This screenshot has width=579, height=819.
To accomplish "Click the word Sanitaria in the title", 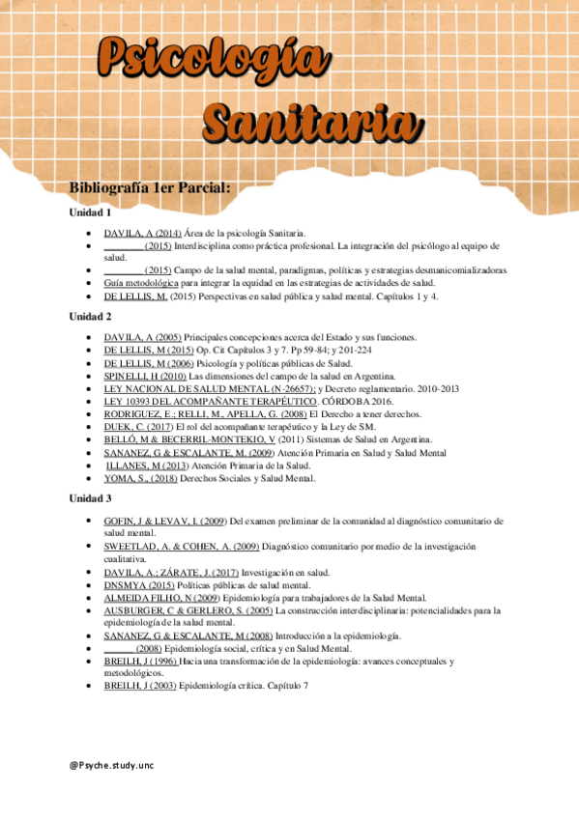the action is pos(304,124).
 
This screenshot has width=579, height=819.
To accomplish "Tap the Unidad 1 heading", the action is pos(91,212).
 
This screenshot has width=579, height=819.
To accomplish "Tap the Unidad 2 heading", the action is pos(91,317).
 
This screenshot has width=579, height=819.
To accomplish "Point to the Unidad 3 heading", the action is pos(91,498).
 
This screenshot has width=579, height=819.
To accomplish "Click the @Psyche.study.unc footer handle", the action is pos(110,765).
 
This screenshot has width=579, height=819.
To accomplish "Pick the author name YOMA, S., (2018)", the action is pos(140,478).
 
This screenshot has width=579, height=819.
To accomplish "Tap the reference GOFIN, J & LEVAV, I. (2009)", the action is pos(164,521).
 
